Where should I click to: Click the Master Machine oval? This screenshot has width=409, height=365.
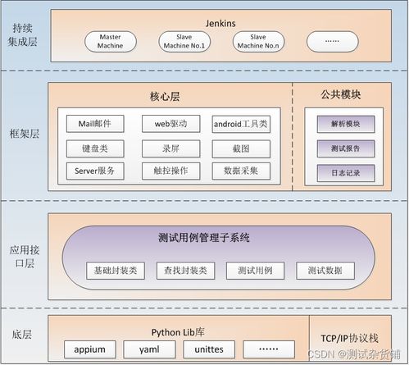[x=110, y=42]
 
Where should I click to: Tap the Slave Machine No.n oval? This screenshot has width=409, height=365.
[x=258, y=42]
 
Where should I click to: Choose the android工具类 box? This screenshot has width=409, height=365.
[x=240, y=125]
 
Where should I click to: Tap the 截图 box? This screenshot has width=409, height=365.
[x=240, y=148]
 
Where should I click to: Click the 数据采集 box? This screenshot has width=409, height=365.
[x=240, y=171]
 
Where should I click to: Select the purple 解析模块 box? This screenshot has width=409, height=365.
[x=345, y=125]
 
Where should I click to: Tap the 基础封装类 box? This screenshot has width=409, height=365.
[x=115, y=270]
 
